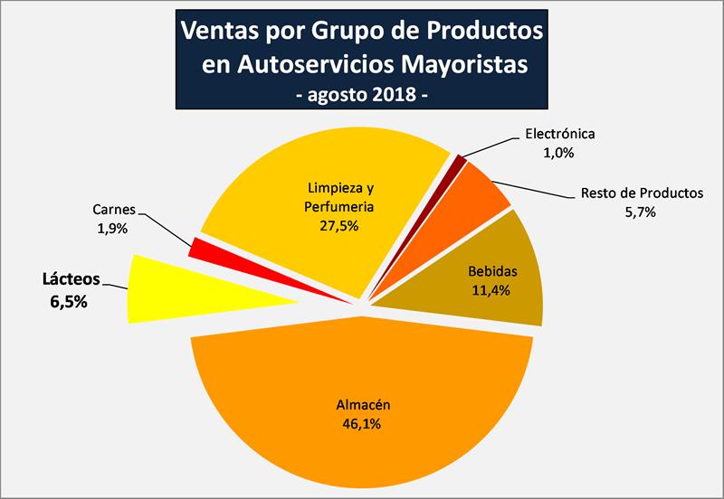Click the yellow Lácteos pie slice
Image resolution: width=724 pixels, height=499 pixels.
(181, 287)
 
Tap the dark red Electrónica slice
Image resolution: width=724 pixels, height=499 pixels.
(461, 162)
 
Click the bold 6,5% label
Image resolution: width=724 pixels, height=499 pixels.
(68, 302)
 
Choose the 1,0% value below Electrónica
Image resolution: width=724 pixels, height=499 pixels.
(559, 153)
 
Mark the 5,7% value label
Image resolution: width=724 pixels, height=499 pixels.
(639, 212)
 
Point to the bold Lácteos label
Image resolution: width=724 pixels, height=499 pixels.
(68, 279)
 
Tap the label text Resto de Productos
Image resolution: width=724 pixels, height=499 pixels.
(640, 193)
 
